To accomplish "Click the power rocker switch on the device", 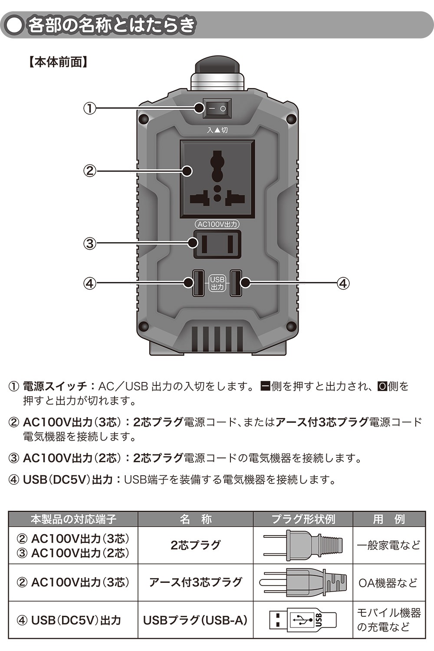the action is (217, 108).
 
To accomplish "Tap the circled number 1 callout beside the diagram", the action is (89, 108).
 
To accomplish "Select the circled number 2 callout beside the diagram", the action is (89, 171).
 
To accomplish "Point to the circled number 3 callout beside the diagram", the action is (89, 243).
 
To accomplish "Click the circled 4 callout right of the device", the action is (343, 283).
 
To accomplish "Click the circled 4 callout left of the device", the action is (89, 283).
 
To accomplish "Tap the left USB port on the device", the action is (198, 283).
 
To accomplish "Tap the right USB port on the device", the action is (236, 283).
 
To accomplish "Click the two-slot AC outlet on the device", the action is (217, 244).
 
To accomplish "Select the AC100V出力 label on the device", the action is (217, 224).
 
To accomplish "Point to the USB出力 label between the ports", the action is (217, 283).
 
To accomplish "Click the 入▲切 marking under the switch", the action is (217, 130).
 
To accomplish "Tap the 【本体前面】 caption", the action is (58, 62).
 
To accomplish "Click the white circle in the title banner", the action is (14, 25).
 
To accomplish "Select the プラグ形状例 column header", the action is (303, 519).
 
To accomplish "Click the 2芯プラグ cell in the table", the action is (195, 545).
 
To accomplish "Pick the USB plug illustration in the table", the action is (302, 620).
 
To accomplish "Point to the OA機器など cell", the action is (388, 582).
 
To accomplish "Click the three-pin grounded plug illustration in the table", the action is (302, 582).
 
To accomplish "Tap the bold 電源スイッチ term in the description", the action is (55, 386).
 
